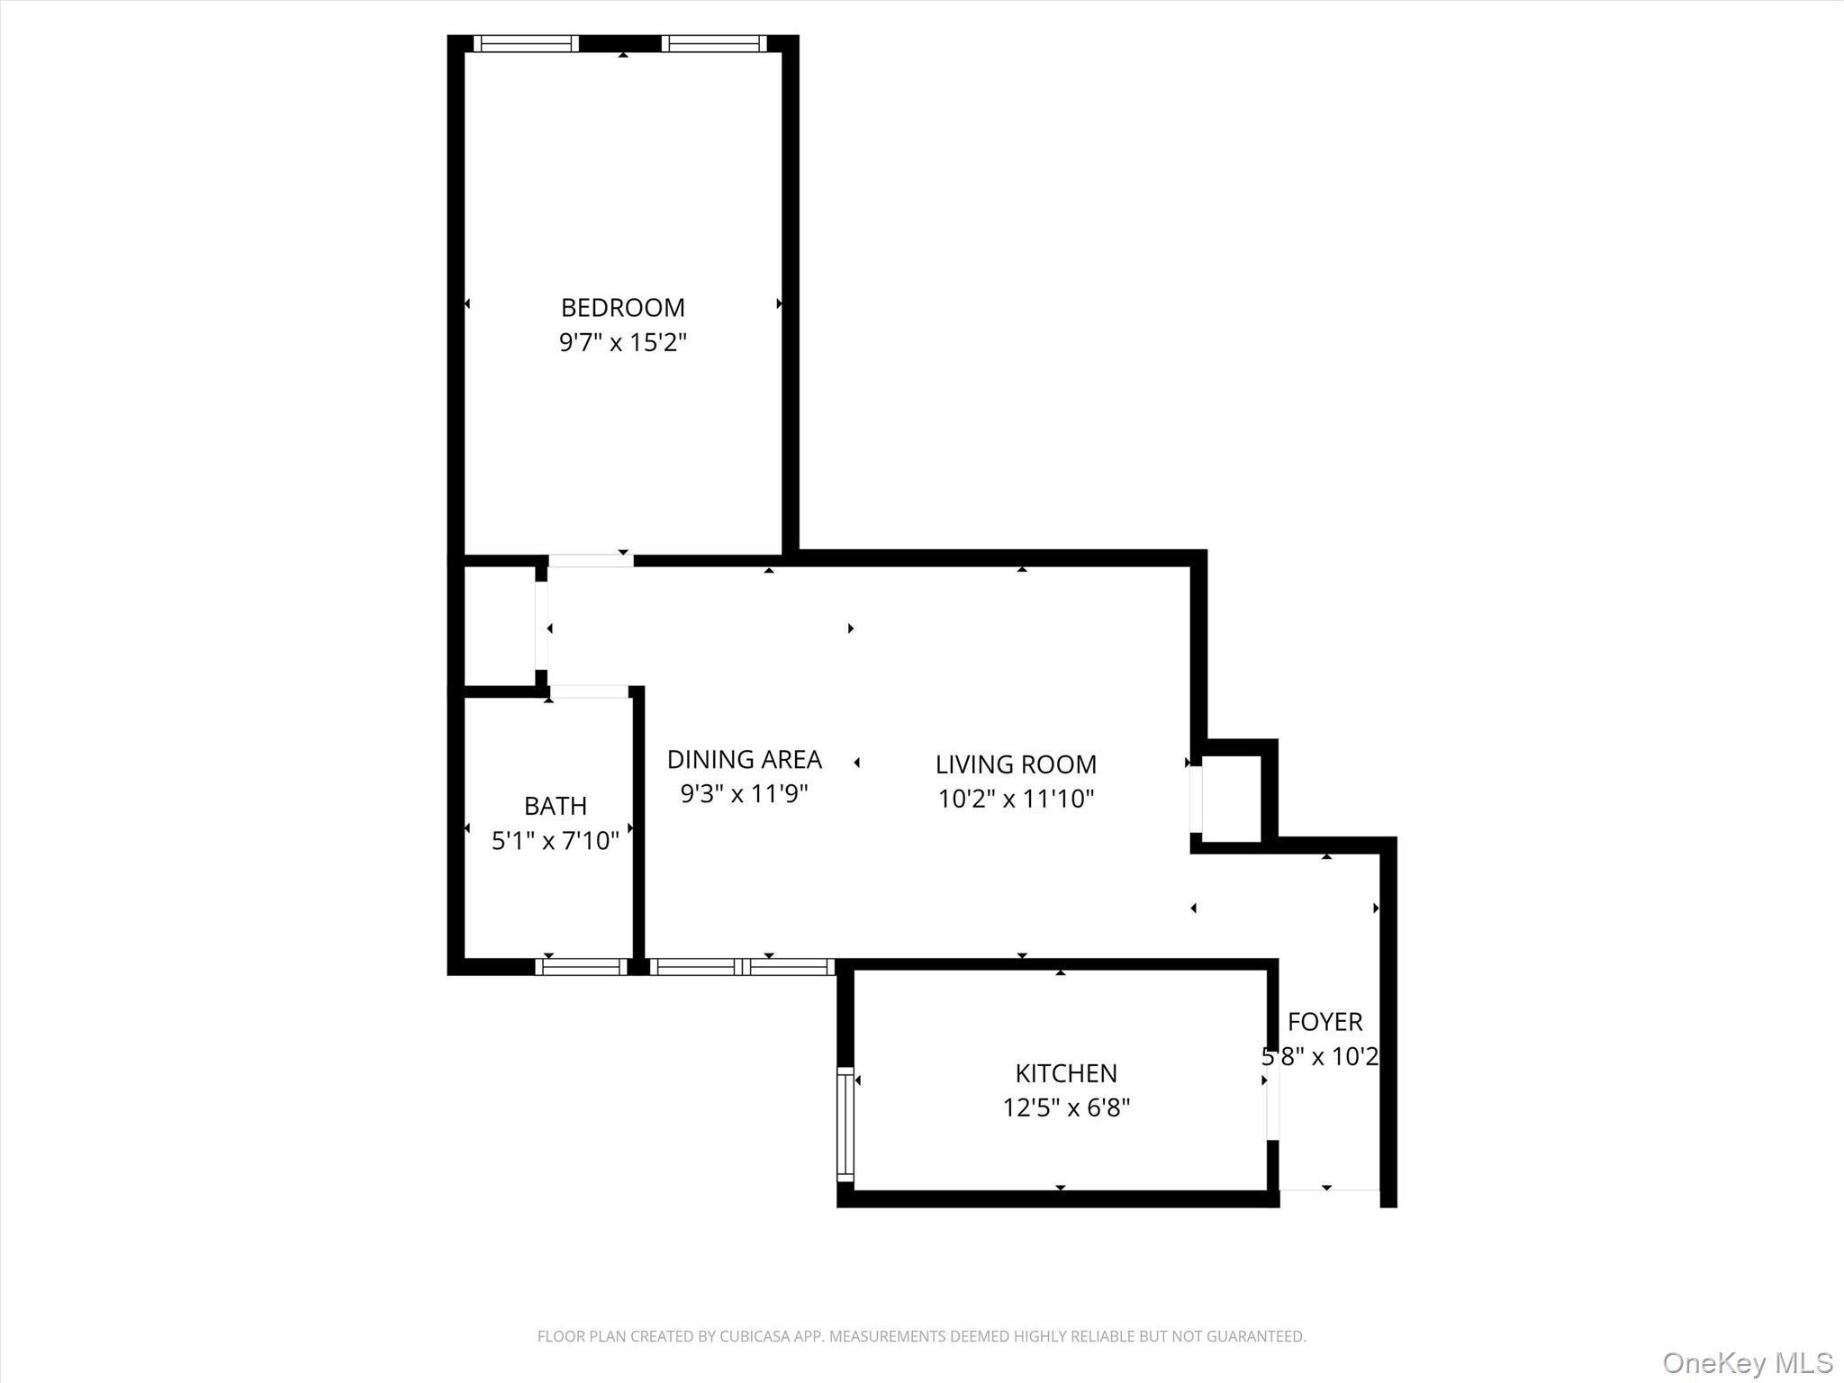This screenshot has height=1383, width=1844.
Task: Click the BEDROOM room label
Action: pyautogui.click(x=622, y=308)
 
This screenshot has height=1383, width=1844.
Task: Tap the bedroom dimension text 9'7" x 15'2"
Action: pyautogui.click(x=622, y=343)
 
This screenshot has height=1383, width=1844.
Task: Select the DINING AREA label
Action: pyautogui.click(x=744, y=760)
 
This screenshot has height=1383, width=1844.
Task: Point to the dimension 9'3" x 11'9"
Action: pyautogui.click(x=744, y=794)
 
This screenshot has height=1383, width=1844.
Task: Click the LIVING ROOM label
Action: pyautogui.click(x=1016, y=764)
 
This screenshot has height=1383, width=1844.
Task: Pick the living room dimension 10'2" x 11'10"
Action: pyautogui.click(x=1016, y=799)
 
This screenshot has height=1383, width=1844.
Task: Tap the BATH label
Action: pyautogui.click(x=555, y=806)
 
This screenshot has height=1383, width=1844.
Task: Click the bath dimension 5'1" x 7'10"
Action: pyautogui.click(x=555, y=841)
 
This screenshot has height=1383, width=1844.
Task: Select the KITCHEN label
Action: pyautogui.click(x=1066, y=1073)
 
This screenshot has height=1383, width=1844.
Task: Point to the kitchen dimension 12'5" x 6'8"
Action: pyautogui.click(x=1066, y=1107)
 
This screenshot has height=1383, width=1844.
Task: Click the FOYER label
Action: pyautogui.click(x=1324, y=1022)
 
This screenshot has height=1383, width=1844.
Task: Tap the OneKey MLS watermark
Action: pyautogui.click(x=1747, y=1362)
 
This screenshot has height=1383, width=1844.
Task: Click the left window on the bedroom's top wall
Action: pyautogui.click(x=526, y=43)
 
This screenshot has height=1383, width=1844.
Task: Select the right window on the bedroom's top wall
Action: pyautogui.click(x=714, y=43)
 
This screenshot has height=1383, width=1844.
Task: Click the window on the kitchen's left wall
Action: pyautogui.click(x=845, y=1124)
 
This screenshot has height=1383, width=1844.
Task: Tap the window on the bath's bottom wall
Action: pyautogui.click(x=582, y=967)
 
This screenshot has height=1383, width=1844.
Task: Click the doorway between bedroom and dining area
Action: pyautogui.click(x=591, y=561)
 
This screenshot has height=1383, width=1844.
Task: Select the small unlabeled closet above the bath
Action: pyautogui.click(x=499, y=627)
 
